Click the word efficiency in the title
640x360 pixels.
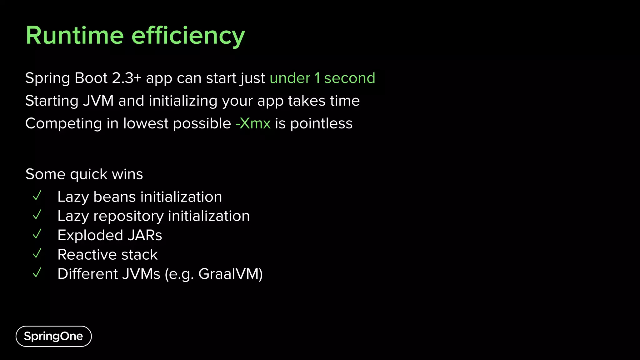pos(188,36)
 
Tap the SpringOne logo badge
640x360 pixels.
pos(53,336)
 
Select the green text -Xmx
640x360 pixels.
pos(253,123)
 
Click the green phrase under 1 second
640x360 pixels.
pos(322,78)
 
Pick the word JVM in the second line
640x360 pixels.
pos(98,101)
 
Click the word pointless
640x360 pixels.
pos(321,123)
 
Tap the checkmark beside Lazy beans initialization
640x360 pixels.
pos(37,196)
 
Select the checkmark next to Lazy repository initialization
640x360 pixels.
pos(37,215)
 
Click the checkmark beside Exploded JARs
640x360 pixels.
pos(37,234)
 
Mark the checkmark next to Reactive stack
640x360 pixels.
pos(37,253)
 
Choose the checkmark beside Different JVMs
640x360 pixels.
pos(37,273)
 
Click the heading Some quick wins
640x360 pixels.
pos(84,174)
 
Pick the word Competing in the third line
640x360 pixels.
pos(63,123)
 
